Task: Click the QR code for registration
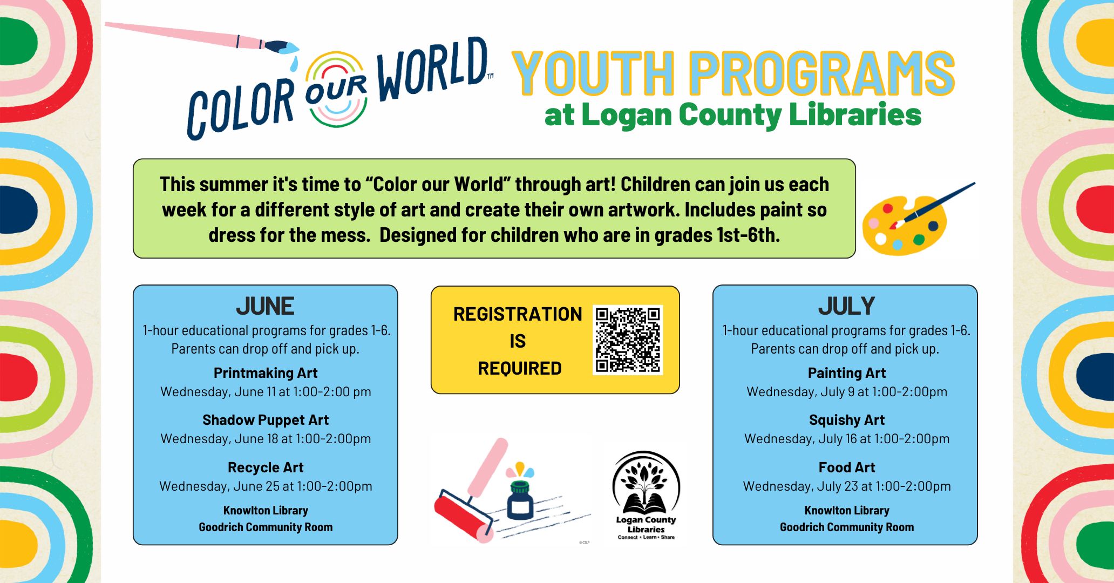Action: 628,340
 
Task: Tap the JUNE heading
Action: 265,306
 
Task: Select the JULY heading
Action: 846,306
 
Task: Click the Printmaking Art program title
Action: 266,373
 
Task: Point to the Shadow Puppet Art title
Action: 266,420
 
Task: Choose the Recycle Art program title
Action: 266,467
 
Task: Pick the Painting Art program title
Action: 847,373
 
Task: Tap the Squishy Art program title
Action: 847,420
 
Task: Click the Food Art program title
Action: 847,467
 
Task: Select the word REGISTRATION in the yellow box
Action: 518,314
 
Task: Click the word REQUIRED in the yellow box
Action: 520,368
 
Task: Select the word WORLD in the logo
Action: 432,69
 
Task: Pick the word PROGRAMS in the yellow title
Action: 822,73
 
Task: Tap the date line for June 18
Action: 266,439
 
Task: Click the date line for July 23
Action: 847,486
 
